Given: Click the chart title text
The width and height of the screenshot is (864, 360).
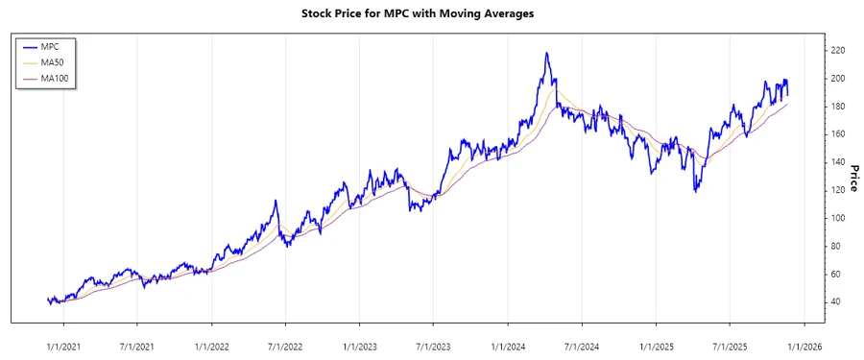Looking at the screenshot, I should (431, 13).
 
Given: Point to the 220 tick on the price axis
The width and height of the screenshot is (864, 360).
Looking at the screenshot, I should (838, 50).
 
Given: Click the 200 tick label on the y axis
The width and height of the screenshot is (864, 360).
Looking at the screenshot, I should (838, 78).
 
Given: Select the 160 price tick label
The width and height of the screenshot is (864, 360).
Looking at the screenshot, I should (838, 134).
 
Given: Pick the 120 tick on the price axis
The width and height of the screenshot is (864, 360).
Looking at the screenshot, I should (838, 190).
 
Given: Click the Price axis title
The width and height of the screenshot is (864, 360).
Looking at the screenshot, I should (853, 177).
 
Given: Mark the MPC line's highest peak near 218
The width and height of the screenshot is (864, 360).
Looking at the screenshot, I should (546, 54).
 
